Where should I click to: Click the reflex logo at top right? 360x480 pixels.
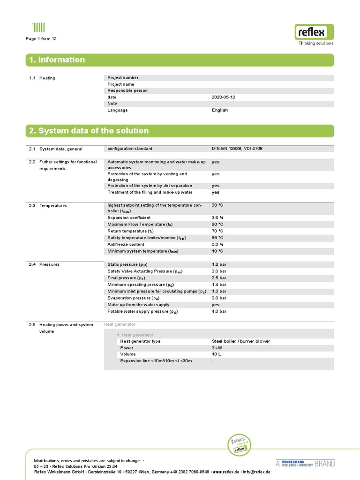click(x=315, y=33)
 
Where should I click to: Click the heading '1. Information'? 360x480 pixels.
click(x=57, y=60)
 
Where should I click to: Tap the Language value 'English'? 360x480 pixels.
click(x=220, y=110)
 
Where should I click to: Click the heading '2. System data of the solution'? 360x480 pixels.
click(x=89, y=131)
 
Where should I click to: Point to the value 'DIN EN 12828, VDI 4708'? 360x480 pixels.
click(x=240, y=149)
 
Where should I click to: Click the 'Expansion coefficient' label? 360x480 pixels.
click(x=129, y=217)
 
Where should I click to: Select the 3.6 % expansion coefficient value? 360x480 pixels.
click(x=217, y=217)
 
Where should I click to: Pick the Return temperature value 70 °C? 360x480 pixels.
click(x=217, y=231)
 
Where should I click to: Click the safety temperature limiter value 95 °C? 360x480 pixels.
click(x=217, y=238)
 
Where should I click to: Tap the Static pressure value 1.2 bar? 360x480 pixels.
click(x=219, y=265)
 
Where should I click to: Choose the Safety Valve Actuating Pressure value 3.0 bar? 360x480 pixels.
click(x=219, y=271)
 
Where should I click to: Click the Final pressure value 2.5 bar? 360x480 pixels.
click(x=219, y=278)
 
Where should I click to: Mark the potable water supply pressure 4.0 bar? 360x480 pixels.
click(x=219, y=311)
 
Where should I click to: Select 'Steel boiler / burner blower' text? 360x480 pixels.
click(x=241, y=341)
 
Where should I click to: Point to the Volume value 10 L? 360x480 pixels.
click(x=217, y=354)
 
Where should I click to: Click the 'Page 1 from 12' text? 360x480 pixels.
click(x=41, y=39)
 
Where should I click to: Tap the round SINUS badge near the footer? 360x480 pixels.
click(x=239, y=445)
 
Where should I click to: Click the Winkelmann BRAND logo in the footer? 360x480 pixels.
click(x=305, y=464)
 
